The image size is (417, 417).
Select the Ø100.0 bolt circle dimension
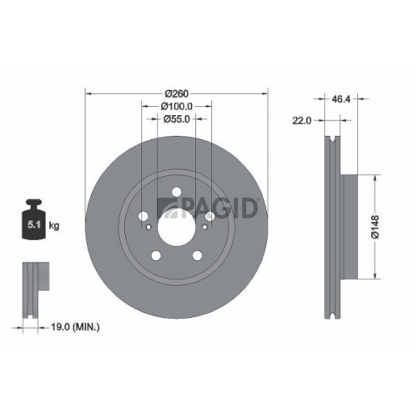pos(176,106)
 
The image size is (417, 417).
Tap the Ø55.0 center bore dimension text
pos(176,119)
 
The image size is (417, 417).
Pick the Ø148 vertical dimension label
pos(377,225)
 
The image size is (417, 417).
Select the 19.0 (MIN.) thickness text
pos(73,328)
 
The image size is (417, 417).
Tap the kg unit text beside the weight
pos(54,225)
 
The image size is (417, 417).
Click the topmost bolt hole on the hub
pos(176,196)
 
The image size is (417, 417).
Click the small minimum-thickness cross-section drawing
pos(33,289)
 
